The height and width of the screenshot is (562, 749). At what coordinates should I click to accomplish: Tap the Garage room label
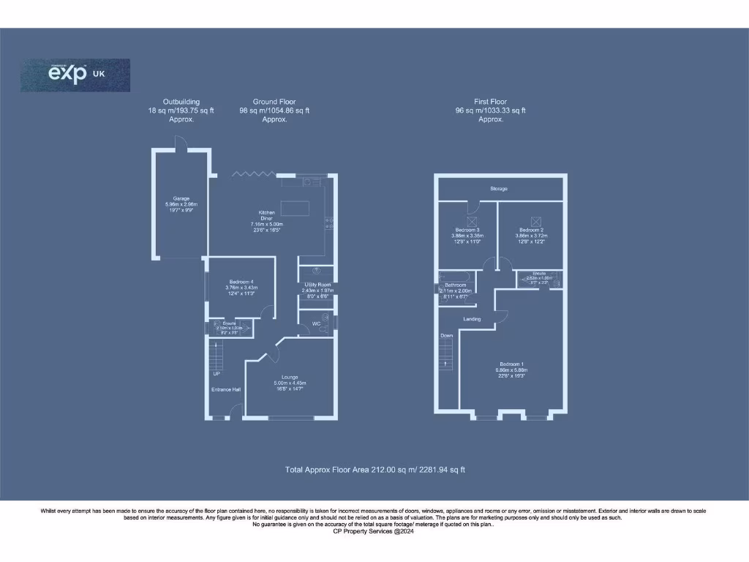click(x=181, y=198)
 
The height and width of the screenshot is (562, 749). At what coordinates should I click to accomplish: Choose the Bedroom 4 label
click(x=241, y=282)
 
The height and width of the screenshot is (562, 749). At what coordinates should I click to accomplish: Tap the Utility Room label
click(x=317, y=285)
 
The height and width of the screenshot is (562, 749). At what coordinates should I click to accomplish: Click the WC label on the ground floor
click(x=316, y=322)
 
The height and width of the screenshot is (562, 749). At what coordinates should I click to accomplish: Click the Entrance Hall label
click(x=226, y=389)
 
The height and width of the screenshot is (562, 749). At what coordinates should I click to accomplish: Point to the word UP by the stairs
click(x=217, y=374)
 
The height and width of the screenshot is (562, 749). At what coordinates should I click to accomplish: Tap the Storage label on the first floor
click(x=498, y=189)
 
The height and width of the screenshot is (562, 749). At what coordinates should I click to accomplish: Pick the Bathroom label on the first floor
click(x=456, y=285)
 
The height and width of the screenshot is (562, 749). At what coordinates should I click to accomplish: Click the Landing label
click(x=471, y=319)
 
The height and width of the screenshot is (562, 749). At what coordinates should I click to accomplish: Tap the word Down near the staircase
click(x=446, y=336)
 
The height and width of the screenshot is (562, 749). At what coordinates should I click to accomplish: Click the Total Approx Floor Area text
click(x=374, y=469)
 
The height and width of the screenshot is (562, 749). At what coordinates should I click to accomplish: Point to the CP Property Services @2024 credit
click(x=374, y=531)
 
